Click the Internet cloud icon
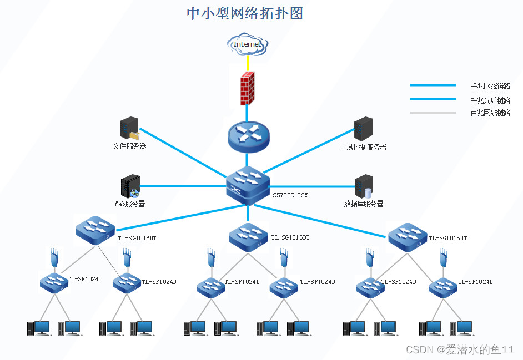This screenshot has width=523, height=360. [x=247, y=44]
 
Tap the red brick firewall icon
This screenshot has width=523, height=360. [x=247, y=88]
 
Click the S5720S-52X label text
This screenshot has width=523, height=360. [x=290, y=195]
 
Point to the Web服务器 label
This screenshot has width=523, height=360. [x=129, y=204]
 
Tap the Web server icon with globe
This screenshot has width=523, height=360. [x=130, y=187]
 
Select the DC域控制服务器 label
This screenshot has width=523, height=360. [x=363, y=148]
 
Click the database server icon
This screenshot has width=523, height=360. [x=364, y=186]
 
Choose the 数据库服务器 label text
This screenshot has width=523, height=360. [x=363, y=204]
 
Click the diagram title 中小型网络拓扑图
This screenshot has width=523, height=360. [x=245, y=13]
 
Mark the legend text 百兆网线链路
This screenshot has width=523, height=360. [x=490, y=113]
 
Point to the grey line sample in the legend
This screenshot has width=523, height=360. [x=433, y=113]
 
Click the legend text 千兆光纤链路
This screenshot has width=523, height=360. [x=490, y=100]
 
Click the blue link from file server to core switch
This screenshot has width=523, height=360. [x=183, y=154]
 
